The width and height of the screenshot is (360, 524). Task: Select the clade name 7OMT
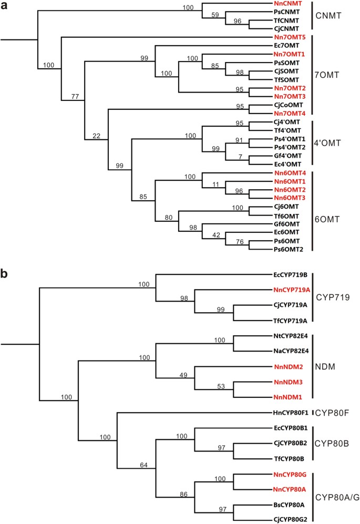330,72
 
